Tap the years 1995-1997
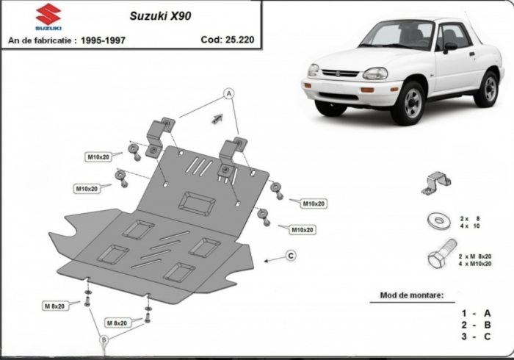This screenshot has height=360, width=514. tap(103, 40)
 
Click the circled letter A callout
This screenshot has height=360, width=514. tap(228, 93)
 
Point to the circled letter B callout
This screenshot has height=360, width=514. tap(104, 339)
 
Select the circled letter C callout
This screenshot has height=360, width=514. tap(291, 255)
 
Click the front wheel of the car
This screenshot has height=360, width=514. tap(409, 103)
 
